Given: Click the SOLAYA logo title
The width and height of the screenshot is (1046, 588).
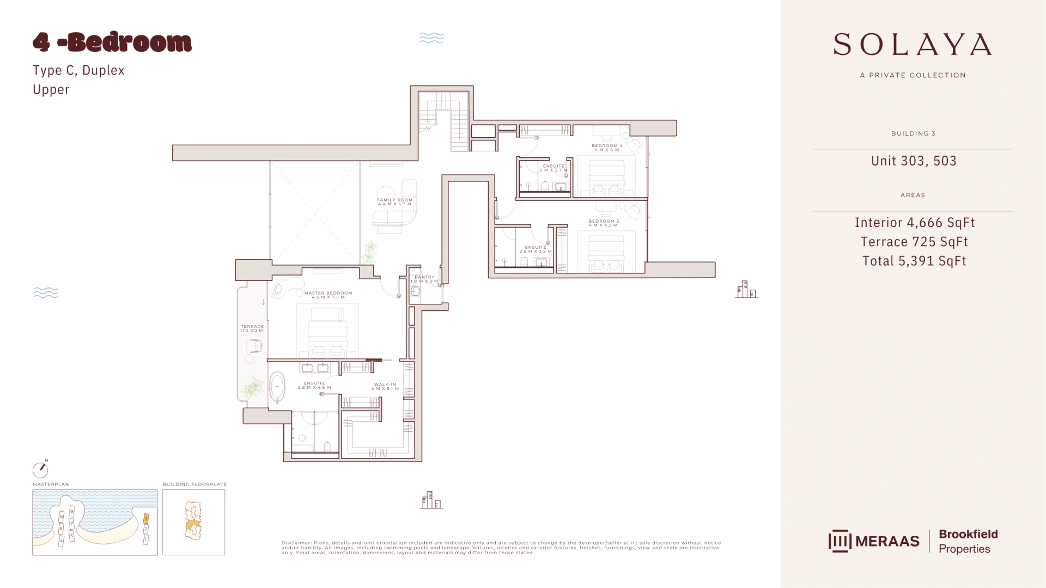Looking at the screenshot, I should click(913, 45).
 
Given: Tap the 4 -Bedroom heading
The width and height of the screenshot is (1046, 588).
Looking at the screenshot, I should click(112, 42).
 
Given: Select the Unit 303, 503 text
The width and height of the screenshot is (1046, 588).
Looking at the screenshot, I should click(914, 161).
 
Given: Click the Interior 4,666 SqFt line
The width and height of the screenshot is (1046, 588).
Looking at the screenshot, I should click(915, 222).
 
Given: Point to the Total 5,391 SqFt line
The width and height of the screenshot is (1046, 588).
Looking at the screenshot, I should click(914, 261).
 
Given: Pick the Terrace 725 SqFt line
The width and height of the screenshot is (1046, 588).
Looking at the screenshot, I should click(914, 242).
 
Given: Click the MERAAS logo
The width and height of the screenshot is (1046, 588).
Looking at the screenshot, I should click(874, 541).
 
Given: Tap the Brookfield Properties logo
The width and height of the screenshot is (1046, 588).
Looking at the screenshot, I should click(968, 541).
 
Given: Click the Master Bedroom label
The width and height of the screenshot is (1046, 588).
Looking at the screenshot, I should click(328, 295).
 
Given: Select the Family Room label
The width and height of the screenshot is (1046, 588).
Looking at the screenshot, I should click(394, 201).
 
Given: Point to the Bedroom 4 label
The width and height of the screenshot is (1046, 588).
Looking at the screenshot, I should click(606, 147).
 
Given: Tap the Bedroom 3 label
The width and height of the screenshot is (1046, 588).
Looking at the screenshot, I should click(603, 223).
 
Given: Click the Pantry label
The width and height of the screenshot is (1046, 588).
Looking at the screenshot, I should click(424, 279).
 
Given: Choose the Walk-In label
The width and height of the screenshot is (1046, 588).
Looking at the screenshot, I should click(385, 386).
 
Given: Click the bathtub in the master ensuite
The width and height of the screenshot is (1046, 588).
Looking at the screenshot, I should click(277, 387).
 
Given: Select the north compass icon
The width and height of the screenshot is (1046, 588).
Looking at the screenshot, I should click(40, 469).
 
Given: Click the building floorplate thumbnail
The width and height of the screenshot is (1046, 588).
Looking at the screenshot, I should click(193, 522).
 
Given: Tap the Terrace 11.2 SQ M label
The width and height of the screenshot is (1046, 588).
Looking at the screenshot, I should click(252, 328).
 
